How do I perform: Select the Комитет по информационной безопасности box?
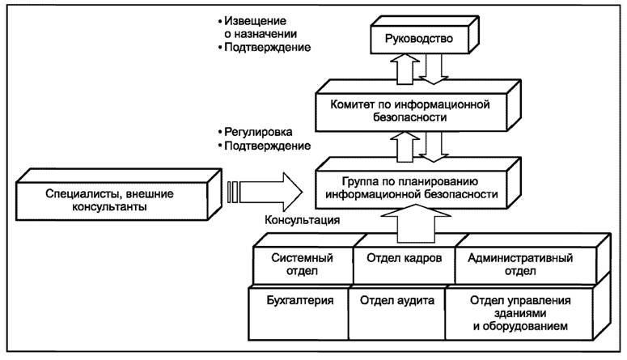tap(411, 110)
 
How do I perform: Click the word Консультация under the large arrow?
tap(302, 219)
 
